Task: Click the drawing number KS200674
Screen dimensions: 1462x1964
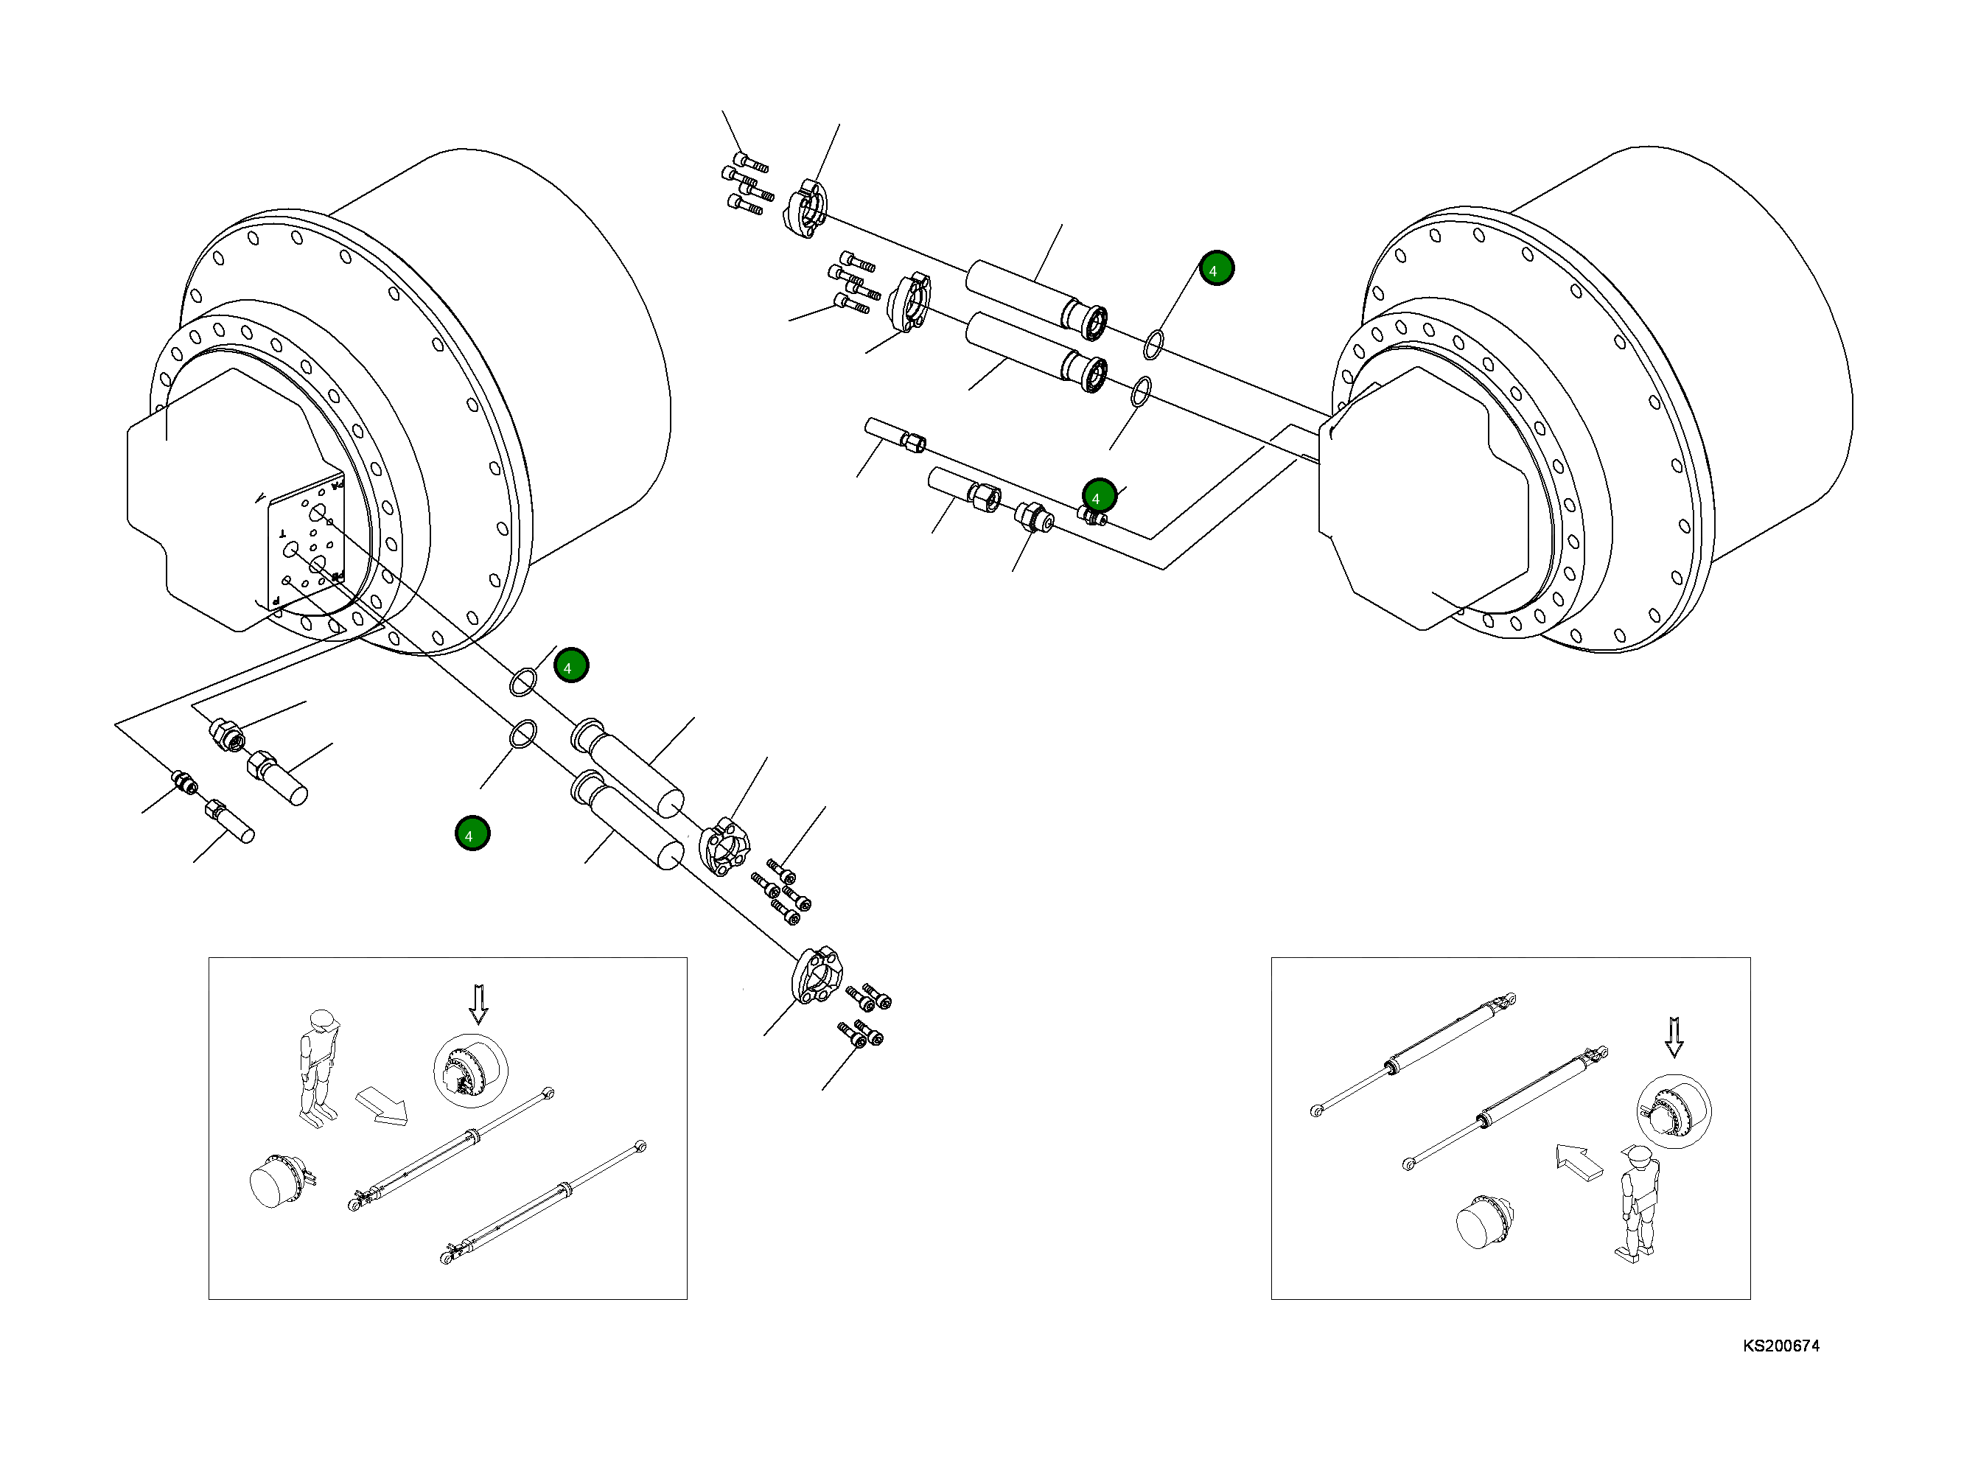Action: (1780, 1346)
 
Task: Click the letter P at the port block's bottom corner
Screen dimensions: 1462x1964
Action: (277, 600)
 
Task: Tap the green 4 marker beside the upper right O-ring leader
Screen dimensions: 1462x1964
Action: (1216, 268)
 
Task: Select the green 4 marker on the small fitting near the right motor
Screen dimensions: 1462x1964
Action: (1098, 497)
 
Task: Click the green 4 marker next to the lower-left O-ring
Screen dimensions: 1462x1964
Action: (571, 665)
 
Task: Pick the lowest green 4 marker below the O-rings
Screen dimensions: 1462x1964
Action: (472, 833)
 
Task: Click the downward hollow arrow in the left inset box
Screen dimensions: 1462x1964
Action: (478, 1004)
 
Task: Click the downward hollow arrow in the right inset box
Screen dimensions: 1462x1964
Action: (1674, 1038)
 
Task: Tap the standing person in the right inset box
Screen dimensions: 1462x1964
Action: (1638, 1200)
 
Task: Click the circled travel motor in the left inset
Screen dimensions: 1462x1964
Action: (470, 1071)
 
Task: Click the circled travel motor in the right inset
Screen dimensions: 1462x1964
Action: (1673, 1111)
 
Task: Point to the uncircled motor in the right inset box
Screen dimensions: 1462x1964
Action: (1484, 1223)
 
